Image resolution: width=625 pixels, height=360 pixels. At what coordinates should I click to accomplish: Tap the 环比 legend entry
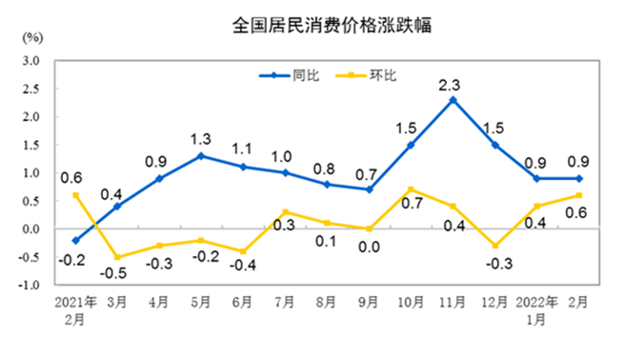377,74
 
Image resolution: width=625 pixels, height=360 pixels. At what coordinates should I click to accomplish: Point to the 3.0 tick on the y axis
32,61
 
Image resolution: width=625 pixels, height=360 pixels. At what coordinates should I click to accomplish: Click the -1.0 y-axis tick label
30,285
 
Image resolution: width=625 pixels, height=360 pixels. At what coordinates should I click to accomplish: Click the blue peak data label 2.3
451,85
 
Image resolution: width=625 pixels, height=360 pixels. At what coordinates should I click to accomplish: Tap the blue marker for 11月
453,100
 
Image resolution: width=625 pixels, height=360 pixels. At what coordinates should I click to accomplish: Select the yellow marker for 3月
116,257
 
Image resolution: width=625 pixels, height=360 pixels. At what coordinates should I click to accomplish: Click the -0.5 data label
116,273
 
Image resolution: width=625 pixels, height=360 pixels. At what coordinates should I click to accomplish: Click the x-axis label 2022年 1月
536,312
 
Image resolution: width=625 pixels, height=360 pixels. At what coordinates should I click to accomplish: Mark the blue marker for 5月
200,155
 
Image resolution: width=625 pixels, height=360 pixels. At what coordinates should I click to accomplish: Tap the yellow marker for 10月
410,190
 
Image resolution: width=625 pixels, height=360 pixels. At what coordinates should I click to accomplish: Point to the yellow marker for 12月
494,246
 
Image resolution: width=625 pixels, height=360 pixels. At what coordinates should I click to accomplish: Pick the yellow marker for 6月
242,251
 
